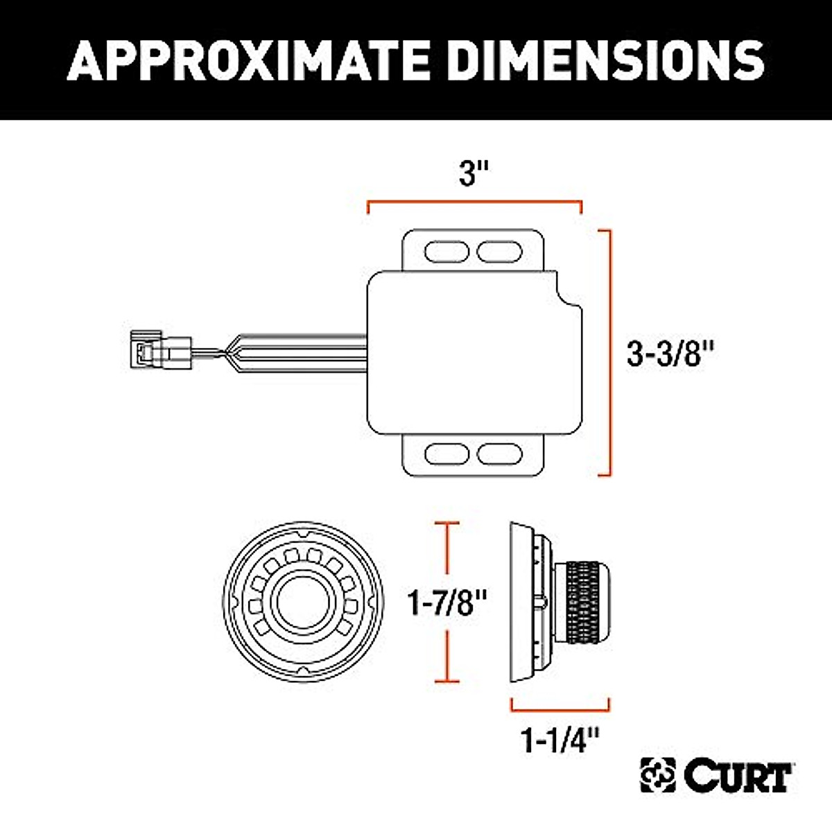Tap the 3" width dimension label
474,173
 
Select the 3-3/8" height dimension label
670,354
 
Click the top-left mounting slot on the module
447,251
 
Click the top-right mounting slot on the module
500,251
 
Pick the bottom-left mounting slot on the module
447,454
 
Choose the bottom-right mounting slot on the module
500,454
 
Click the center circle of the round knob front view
303,601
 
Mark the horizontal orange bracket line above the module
474,202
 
